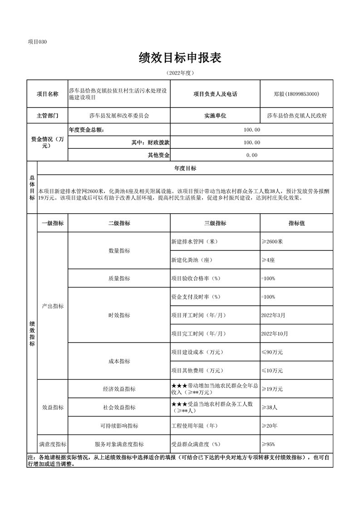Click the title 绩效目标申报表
pos(180,58)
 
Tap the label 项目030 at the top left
pos(37,42)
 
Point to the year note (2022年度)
pos(180,73)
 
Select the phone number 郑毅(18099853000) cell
pos(296,94)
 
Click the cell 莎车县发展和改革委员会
pos(119,116)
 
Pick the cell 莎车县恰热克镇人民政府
pos(296,116)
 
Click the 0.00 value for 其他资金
pos(252,155)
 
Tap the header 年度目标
pos(185,168)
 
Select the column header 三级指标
pos(215,223)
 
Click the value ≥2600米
pos(272,242)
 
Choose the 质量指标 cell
pos(119,279)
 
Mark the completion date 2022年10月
pos(275,334)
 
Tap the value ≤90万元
pos(272,352)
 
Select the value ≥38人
pos(269,407)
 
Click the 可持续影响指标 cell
pos(119,426)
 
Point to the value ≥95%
pos(268,444)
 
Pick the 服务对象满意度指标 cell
pos(119,444)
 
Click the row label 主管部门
pos(47,116)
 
